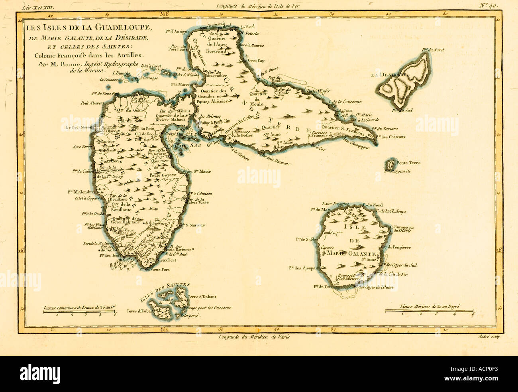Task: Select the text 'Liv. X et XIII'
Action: (x=34, y=6)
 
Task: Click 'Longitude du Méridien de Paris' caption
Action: (x=254, y=337)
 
